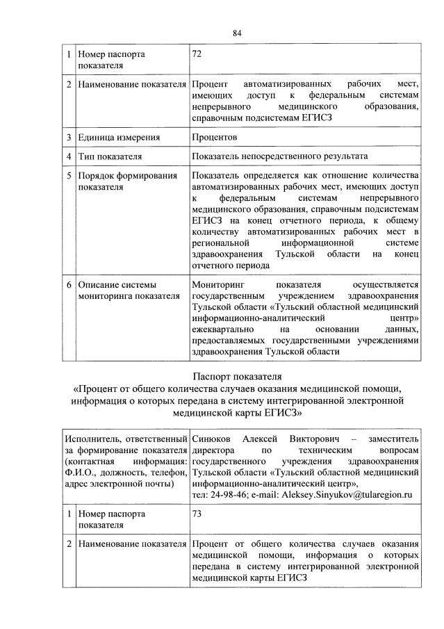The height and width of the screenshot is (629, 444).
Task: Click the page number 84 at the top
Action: pyautogui.click(x=237, y=32)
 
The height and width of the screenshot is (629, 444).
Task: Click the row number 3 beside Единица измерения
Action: pyautogui.click(x=69, y=137)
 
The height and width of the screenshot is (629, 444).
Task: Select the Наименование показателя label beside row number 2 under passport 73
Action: pyautogui.click(x=132, y=543)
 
